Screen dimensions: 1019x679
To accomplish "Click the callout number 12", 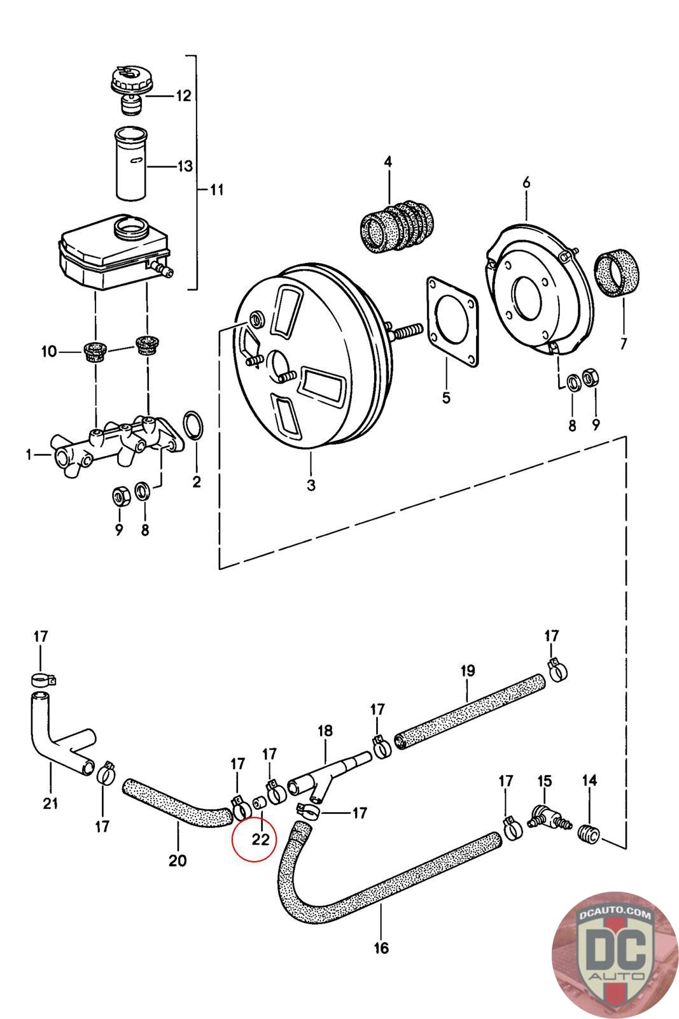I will pos(183,96).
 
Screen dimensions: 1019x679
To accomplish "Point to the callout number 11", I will pos(216,190).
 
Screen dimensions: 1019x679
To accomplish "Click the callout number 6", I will pos(526,183).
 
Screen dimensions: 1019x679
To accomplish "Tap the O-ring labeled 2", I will pos(193,425).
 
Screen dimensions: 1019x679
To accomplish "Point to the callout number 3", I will pos(311,485).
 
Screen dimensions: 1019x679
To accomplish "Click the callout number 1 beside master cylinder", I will pos(28,455).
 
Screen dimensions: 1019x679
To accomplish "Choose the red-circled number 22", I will pos(260,839).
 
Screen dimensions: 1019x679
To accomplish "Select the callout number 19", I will pos(468,670).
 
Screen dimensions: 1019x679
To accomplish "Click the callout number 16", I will pos(381,948).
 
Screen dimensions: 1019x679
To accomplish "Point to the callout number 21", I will pos(50,803).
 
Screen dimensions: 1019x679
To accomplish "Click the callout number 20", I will pos(178,861).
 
